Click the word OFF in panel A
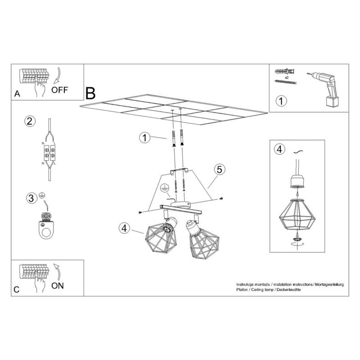point(59,90)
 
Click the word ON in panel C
point(58,286)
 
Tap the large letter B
point(90,94)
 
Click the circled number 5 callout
point(220,170)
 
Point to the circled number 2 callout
point(30,121)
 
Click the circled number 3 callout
point(31,198)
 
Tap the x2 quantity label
point(287,77)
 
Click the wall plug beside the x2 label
point(285,71)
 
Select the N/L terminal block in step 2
point(49,153)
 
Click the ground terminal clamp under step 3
point(46,226)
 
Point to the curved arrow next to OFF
point(57,76)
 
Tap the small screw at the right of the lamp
point(221,198)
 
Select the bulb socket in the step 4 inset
point(297,181)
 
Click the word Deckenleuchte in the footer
point(288,290)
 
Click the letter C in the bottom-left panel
point(16,290)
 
